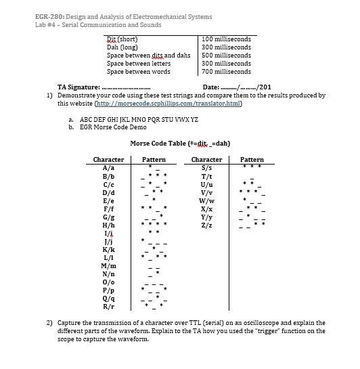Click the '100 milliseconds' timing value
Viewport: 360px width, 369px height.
[x=226, y=39]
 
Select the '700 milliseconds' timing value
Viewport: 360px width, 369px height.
[x=226, y=71]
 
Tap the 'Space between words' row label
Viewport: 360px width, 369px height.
[x=138, y=71]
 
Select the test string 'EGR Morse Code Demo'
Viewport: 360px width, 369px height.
[x=113, y=127]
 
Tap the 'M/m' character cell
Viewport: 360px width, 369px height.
[x=108, y=263]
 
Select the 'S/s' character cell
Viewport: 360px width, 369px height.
[x=206, y=167]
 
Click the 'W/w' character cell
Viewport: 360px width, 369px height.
[x=206, y=199]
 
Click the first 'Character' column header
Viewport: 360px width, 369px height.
[x=108, y=159]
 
